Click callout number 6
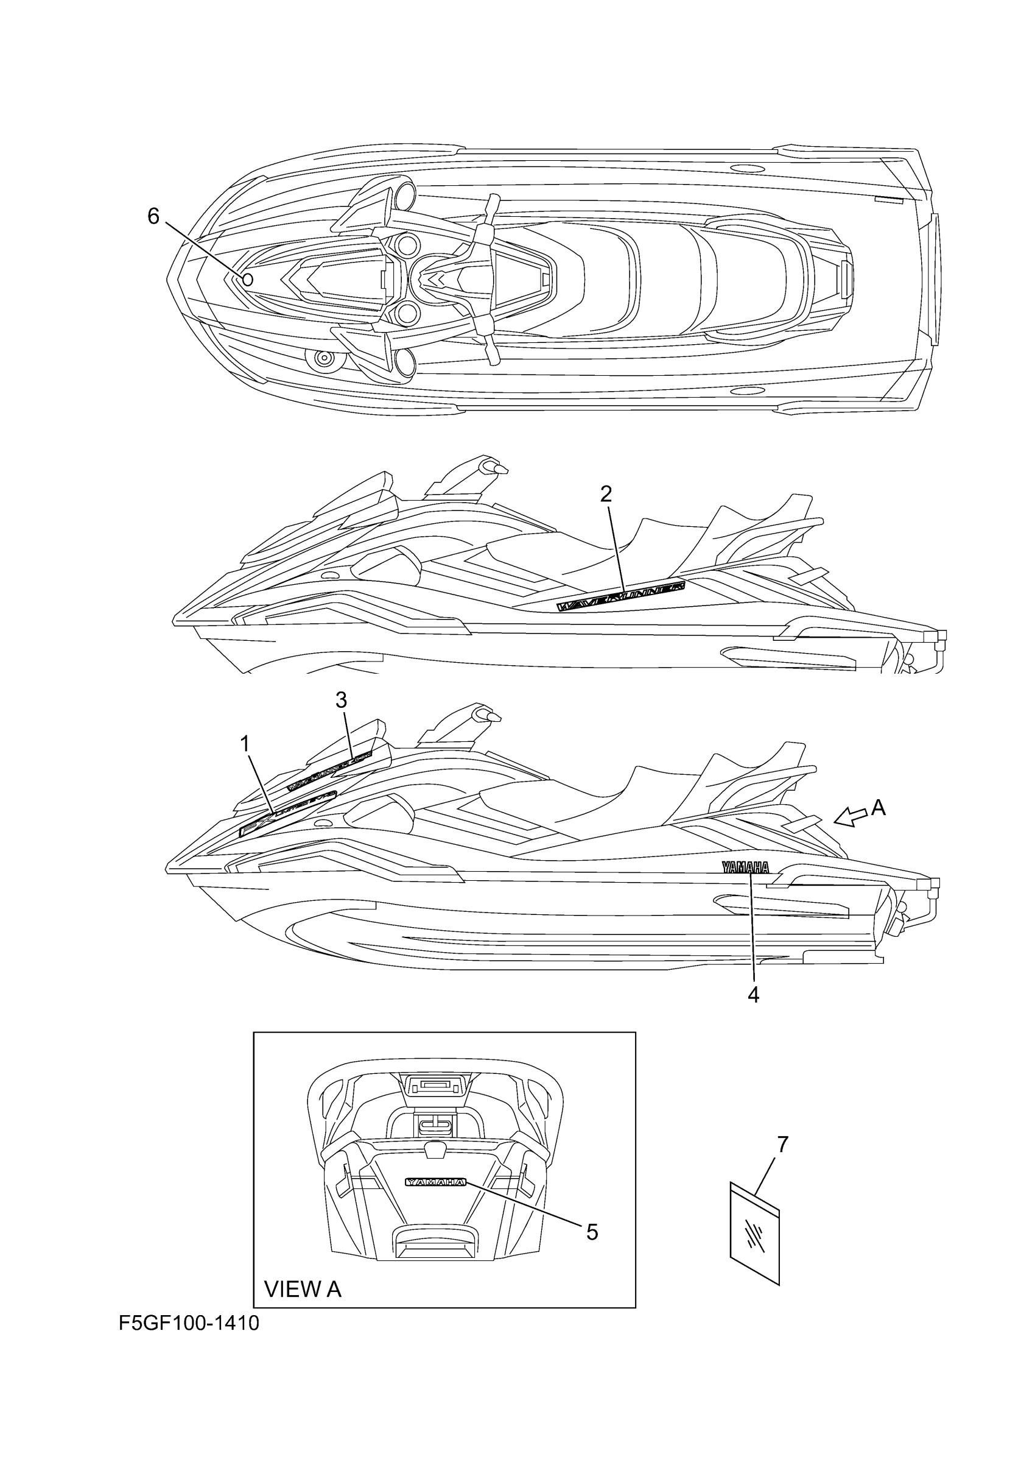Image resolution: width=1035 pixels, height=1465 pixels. click(153, 217)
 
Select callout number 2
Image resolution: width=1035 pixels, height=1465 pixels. click(606, 493)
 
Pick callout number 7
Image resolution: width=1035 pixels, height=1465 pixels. click(782, 1145)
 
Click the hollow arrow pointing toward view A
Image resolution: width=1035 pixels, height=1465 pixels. click(850, 816)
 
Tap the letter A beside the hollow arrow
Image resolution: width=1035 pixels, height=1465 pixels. click(878, 808)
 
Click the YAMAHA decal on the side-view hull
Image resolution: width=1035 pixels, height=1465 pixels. click(745, 866)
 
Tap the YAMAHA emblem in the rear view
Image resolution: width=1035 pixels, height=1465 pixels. click(436, 1182)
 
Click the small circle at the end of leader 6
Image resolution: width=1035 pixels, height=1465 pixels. click(248, 280)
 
